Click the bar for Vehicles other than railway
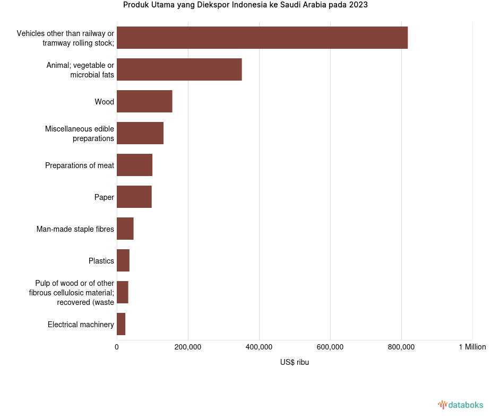point(262,38)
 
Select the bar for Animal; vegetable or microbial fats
point(179,69)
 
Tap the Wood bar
point(144,101)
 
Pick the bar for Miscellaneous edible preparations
point(140,133)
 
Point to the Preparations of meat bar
point(134,165)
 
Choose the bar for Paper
point(134,197)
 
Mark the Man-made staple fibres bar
point(125,229)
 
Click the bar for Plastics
point(123,260)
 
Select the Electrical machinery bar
point(121,324)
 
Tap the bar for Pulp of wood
point(123,292)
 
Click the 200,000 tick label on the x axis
point(188,347)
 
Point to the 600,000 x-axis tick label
point(330,347)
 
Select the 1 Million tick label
point(472,347)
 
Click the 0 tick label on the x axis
point(117,347)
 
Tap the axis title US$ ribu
point(295,362)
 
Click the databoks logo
point(461,405)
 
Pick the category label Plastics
point(101,261)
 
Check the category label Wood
point(105,102)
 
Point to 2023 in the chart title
point(358,5)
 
